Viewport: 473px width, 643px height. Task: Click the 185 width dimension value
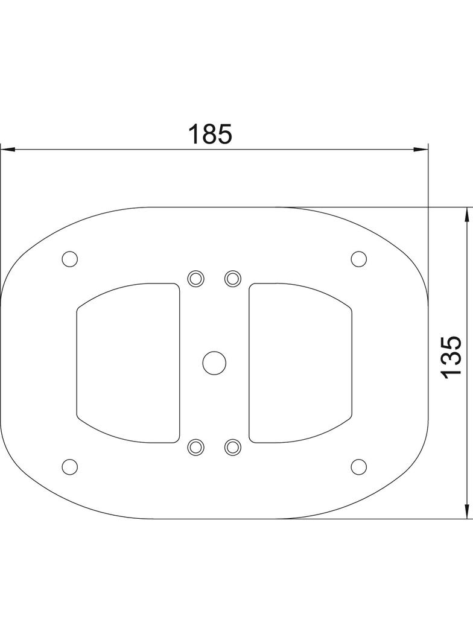[x=209, y=134]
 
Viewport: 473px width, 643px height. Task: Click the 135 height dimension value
[x=451, y=358]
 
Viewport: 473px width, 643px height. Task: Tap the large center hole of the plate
[x=214, y=363]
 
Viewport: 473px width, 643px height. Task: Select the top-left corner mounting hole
[x=70, y=259]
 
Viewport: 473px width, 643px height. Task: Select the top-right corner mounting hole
[x=358, y=259]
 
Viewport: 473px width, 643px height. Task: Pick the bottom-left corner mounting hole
[x=70, y=466]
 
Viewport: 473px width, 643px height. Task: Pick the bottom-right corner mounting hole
[x=358, y=466]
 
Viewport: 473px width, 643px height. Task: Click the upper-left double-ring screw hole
[x=195, y=278]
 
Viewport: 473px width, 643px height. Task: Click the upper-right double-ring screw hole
[x=233, y=278]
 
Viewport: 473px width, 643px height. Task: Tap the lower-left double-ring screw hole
[x=195, y=447]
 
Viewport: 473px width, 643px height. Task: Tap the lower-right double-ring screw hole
[x=233, y=447]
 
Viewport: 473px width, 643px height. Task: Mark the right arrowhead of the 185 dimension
[x=422, y=149]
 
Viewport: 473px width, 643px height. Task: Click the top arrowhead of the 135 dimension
[x=466, y=213]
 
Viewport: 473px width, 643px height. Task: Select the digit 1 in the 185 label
[x=194, y=134]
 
